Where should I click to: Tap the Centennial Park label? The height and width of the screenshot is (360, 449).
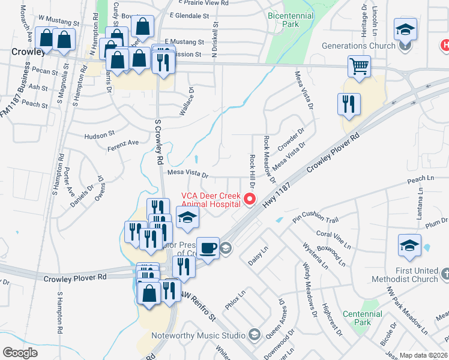(x=362, y=318)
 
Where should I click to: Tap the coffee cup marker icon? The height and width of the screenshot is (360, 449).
(x=208, y=248)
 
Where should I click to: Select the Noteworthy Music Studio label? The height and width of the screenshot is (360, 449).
(x=198, y=335)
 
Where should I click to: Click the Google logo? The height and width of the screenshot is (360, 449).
(x=20, y=353)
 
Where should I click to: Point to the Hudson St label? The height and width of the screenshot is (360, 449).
(x=99, y=136)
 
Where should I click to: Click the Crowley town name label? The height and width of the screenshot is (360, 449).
(x=28, y=52)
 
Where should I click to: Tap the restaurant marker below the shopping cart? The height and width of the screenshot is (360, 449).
(x=348, y=104)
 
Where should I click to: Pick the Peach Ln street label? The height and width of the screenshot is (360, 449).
(x=420, y=179)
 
